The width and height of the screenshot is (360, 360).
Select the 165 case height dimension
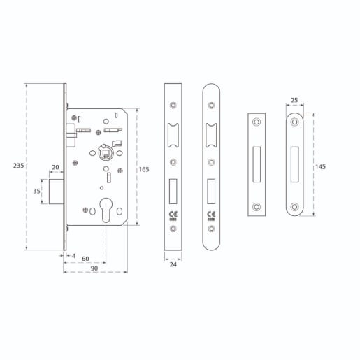pos(143,170)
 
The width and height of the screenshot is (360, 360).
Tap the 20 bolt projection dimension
pos(55,167)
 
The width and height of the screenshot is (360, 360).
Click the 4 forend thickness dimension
pos(74,256)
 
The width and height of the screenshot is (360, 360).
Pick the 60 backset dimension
pos(86,259)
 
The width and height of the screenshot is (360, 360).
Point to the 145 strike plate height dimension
pos(321,166)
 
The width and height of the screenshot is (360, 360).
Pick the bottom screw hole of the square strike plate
pos(257,206)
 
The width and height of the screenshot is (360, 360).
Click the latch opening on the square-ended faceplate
pos(173,133)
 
